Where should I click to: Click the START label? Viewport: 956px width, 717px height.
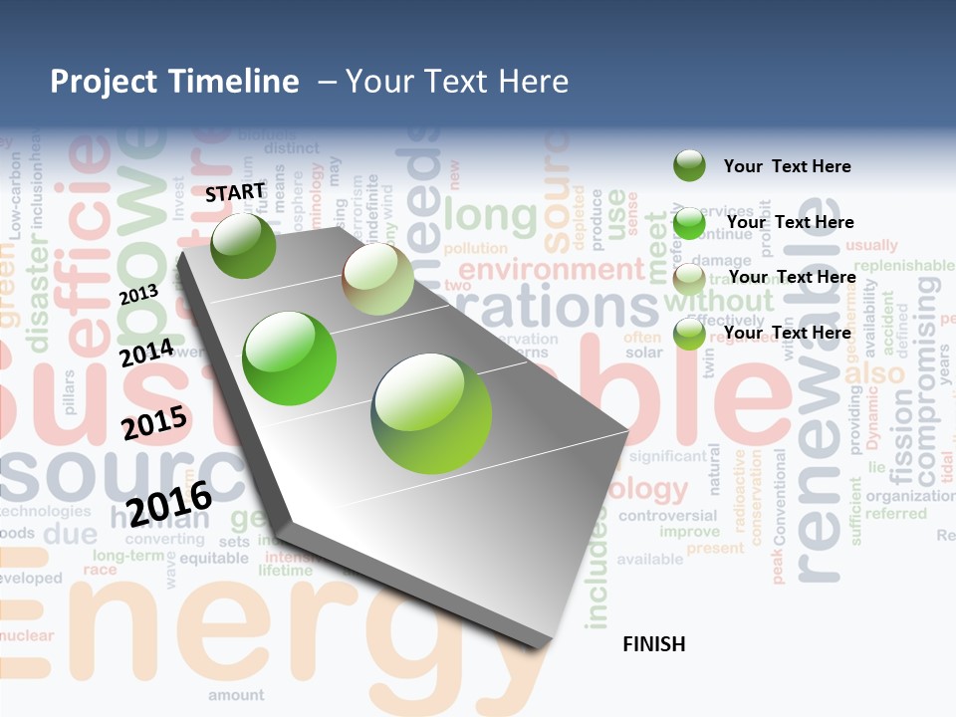[x=235, y=192]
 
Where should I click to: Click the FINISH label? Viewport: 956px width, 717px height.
[x=653, y=644]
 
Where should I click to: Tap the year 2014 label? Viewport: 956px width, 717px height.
[x=145, y=353]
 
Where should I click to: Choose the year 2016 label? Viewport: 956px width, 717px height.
[x=169, y=503]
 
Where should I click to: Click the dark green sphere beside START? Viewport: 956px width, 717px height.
[x=243, y=245]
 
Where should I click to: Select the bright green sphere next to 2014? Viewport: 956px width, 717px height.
[x=290, y=358]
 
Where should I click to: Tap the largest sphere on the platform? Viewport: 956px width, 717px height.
[x=431, y=412]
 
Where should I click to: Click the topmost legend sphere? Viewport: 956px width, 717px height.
[x=689, y=166]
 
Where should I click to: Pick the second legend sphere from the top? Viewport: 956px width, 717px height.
[x=689, y=223]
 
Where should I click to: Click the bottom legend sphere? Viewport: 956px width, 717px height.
[x=689, y=334]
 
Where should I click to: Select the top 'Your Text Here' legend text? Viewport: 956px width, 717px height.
[x=787, y=166]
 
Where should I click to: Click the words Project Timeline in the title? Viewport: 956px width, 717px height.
[x=174, y=82]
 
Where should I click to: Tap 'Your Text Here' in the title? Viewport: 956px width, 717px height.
[x=457, y=82]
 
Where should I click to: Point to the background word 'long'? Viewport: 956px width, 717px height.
[x=490, y=215]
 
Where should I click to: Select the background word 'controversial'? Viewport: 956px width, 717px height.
[x=666, y=516]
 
